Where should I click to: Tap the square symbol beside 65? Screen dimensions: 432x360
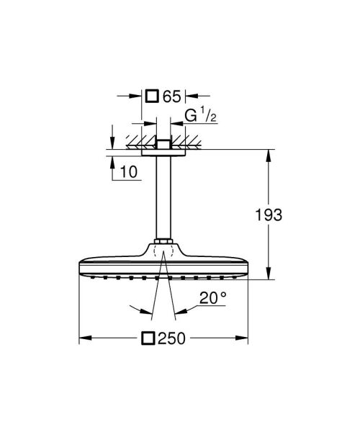coord(151,95)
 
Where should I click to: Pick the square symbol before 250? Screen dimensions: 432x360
coord(149,337)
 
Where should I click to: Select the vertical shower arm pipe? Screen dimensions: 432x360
coord(163,194)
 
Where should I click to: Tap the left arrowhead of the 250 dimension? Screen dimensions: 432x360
coord(84,337)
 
